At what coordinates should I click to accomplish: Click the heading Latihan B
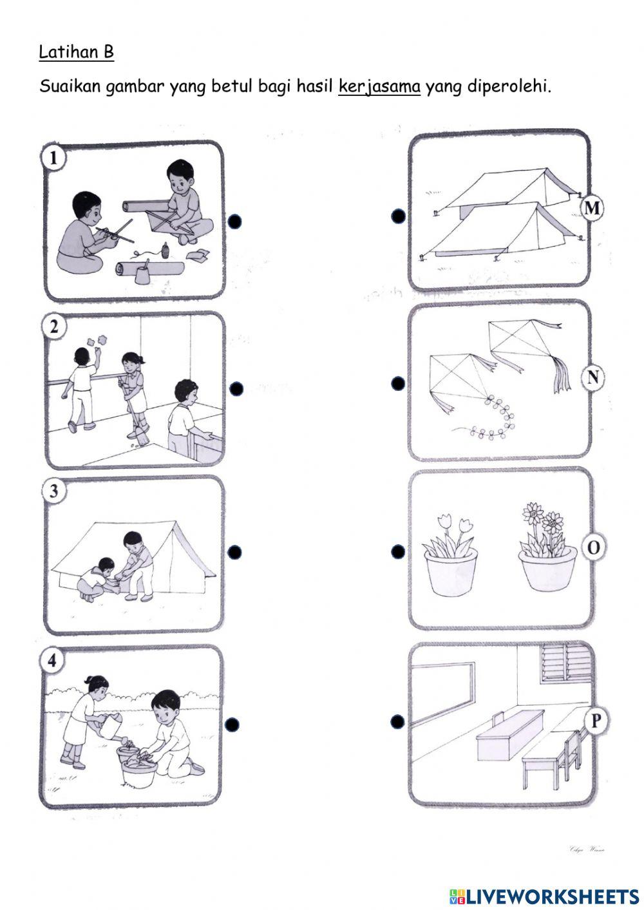pyautogui.click(x=76, y=52)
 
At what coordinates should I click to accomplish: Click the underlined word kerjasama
pyautogui.click(x=379, y=86)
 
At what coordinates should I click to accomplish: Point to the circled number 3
pyautogui.click(x=55, y=491)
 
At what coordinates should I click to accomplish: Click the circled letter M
pyautogui.click(x=591, y=207)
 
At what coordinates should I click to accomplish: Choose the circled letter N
pyautogui.click(x=592, y=377)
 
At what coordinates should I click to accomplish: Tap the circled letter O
pyautogui.click(x=593, y=547)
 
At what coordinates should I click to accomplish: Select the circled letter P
pyautogui.click(x=595, y=721)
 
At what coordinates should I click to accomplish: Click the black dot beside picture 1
pyautogui.click(x=234, y=222)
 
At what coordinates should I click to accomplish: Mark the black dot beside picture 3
pyautogui.click(x=234, y=552)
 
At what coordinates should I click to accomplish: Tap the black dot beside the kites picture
pyautogui.click(x=398, y=383)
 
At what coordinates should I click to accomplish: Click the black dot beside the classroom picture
pyautogui.click(x=398, y=721)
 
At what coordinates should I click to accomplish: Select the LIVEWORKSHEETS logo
pyautogui.click(x=544, y=895)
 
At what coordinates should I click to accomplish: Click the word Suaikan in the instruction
pyautogui.click(x=70, y=86)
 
